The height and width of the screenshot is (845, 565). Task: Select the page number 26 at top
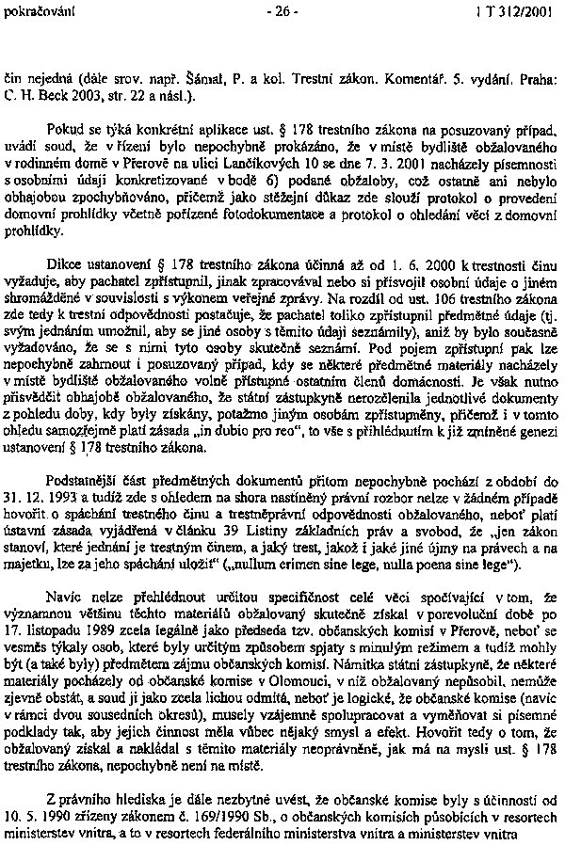point(281,11)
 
